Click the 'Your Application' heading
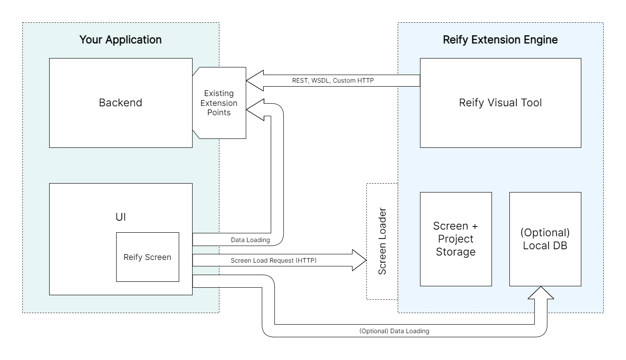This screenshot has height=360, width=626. [x=120, y=39]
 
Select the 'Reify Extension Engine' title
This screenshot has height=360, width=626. [x=500, y=39]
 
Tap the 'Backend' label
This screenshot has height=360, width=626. [x=120, y=103]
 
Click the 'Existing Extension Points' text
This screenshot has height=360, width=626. [x=219, y=103]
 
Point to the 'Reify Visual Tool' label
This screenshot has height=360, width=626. [x=500, y=103]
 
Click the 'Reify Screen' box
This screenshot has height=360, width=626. [x=147, y=257]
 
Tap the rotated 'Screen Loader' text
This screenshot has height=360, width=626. [x=382, y=241]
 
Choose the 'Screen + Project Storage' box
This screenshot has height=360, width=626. [x=455, y=239]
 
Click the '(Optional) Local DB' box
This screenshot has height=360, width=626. [x=545, y=239]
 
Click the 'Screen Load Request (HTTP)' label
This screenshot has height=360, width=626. [x=273, y=260]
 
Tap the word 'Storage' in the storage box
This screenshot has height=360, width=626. [x=455, y=252]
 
